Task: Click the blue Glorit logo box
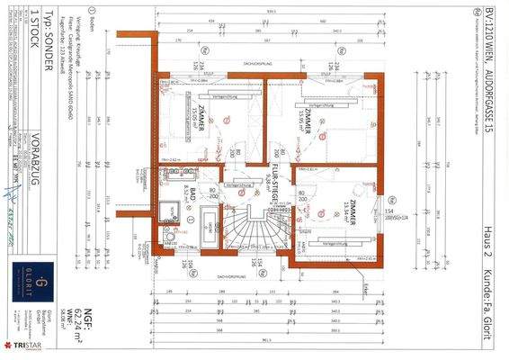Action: pyautogui.click(x=27, y=269)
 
